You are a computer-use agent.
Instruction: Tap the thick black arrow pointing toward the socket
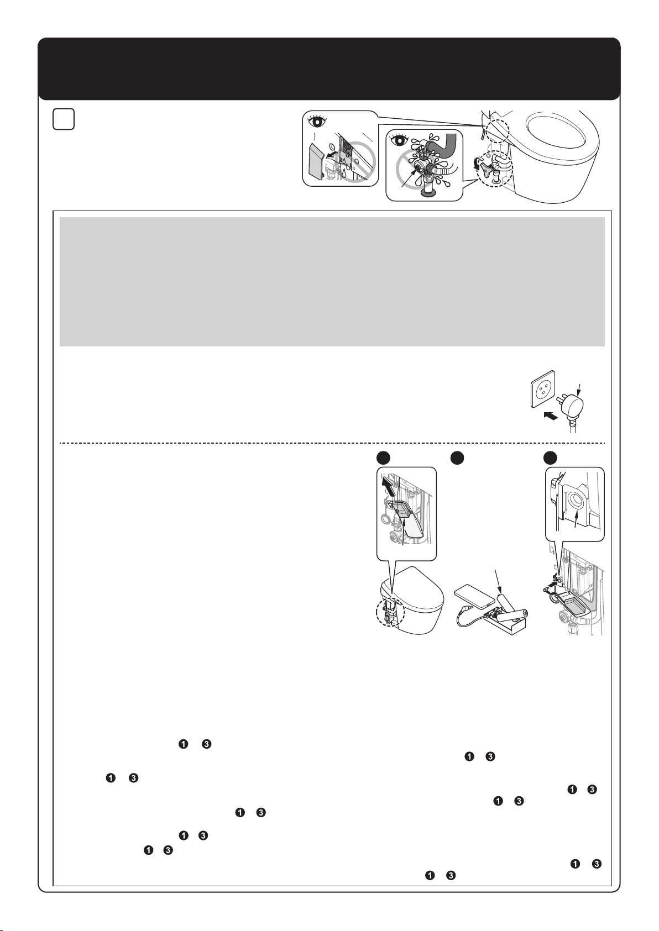click(549, 415)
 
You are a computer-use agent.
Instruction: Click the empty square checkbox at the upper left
click(64, 119)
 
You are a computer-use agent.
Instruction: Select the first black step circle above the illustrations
click(383, 457)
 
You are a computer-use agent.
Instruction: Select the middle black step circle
click(457, 457)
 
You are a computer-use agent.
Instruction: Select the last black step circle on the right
click(550, 457)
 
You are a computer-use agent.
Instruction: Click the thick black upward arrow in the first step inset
click(388, 486)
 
